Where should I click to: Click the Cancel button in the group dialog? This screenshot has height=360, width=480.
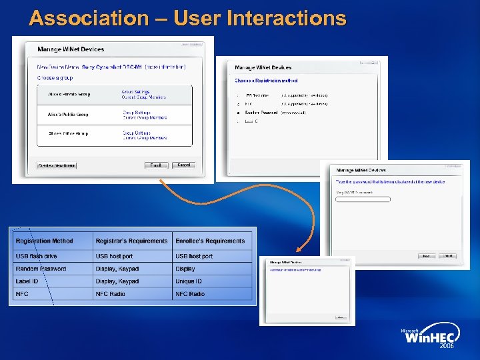183,165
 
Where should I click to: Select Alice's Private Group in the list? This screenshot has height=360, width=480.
69,95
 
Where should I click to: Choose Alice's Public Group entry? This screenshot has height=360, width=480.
68,115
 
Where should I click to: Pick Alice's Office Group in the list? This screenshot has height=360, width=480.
68,134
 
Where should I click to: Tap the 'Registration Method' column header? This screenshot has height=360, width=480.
45,241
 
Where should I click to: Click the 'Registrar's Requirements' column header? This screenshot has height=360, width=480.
132,241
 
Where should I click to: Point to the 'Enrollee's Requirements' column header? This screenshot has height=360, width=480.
210,241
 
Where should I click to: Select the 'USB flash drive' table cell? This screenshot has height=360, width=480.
37,256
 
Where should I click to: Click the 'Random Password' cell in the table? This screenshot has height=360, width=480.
41,269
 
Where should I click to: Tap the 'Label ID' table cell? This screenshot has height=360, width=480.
27,281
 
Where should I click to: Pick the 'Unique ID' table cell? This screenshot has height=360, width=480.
189,281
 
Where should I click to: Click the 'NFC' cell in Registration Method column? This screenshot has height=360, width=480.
23,294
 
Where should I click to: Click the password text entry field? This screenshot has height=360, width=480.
363,199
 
